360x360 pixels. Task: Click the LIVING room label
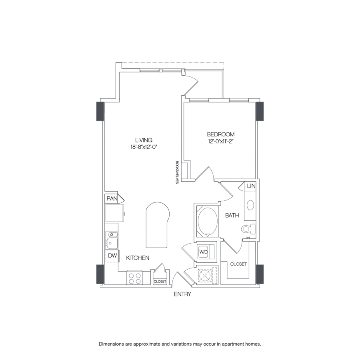[x=144, y=140]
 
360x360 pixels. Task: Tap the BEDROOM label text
[x=220, y=134]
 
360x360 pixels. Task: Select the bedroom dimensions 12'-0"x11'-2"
[x=220, y=141]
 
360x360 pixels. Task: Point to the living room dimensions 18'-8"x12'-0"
[x=144, y=147]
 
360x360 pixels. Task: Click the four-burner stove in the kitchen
[x=135, y=278]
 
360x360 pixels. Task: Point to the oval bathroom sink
[x=250, y=205]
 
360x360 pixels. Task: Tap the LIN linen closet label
[x=251, y=186]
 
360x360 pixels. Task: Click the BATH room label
[x=232, y=215]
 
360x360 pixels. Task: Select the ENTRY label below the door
[x=182, y=294]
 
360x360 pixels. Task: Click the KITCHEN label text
[x=138, y=258]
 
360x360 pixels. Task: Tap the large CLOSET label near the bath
[x=238, y=264]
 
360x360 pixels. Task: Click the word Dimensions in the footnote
[x=112, y=344]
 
